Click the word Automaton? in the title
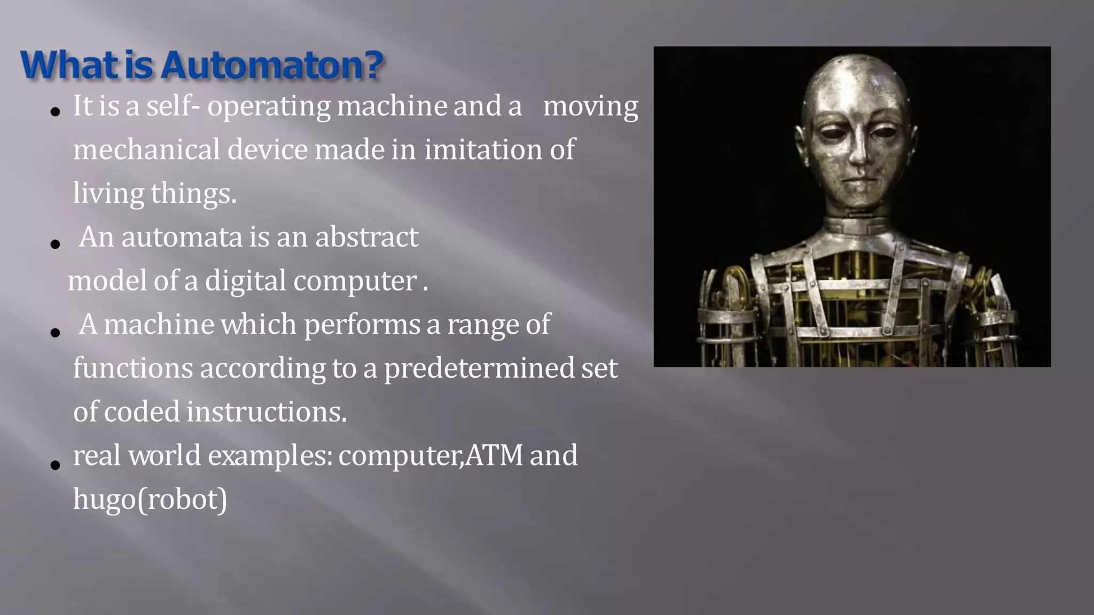[x=271, y=66]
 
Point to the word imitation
[x=483, y=149]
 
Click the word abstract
[x=366, y=237]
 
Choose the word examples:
[x=270, y=456]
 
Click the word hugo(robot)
[x=150, y=500]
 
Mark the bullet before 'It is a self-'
[x=55, y=112]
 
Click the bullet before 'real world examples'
[x=55, y=465]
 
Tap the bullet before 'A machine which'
[x=55, y=333]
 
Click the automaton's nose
[x=858, y=155]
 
